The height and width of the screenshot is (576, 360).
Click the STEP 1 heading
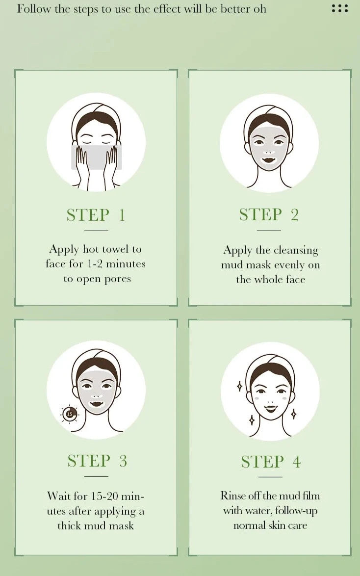click(x=96, y=215)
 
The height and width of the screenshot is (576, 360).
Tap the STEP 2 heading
click(x=269, y=215)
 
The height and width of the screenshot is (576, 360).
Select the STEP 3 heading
click(x=97, y=461)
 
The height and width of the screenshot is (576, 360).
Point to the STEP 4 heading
click(x=270, y=462)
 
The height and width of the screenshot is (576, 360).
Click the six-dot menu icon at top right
click(x=339, y=8)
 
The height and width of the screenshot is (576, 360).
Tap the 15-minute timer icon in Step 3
click(x=69, y=414)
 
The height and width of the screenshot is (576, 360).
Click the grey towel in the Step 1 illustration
click(x=96, y=157)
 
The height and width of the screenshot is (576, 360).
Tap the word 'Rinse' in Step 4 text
click(x=233, y=496)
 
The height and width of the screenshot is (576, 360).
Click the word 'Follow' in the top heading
click(x=32, y=9)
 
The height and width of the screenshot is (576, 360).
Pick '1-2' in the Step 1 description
click(x=94, y=264)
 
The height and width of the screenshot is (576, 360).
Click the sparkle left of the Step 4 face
click(x=239, y=387)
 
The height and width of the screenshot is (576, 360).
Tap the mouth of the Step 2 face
click(x=268, y=159)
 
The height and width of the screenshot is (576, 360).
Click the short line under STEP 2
click(x=269, y=230)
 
